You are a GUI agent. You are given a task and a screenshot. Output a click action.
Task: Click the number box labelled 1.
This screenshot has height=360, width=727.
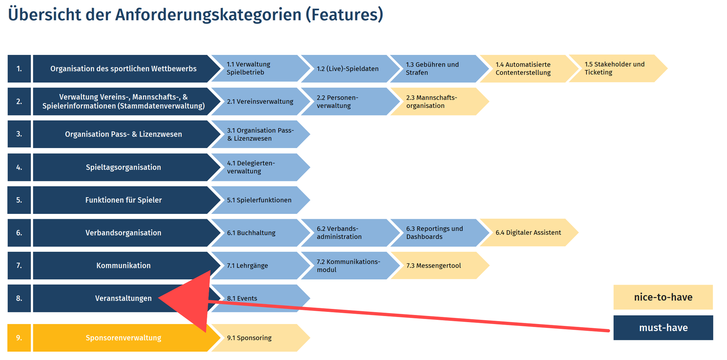(x=19, y=69)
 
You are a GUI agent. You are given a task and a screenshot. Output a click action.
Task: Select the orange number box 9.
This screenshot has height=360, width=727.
(x=19, y=338)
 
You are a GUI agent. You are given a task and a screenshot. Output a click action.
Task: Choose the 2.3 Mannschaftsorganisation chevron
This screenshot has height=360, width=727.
(x=440, y=101)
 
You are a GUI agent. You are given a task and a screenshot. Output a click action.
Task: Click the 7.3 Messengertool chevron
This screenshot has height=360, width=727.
(x=440, y=265)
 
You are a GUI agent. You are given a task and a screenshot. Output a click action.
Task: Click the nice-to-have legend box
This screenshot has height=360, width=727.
(x=663, y=297)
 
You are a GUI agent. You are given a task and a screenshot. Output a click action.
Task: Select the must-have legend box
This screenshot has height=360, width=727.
(x=663, y=327)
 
